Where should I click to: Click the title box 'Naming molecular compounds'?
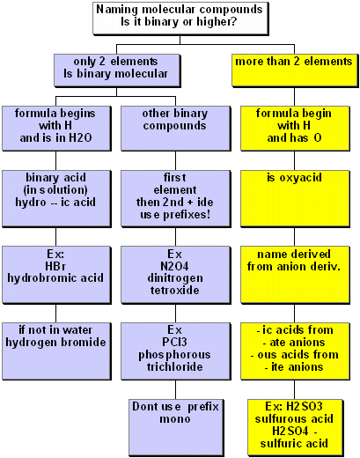tap(180, 18)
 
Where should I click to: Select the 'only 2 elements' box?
tap(117, 70)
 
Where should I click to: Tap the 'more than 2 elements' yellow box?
tap(295, 70)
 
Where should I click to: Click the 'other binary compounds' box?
tap(175, 129)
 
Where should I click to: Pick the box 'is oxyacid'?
tap(295, 198)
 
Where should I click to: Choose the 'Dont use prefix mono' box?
tap(175, 427)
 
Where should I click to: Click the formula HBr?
tap(55, 266)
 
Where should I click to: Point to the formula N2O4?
tap(174, 266)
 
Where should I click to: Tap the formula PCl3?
tap(174, 342)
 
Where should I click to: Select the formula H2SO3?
tap(305, 406)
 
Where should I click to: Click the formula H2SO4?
tap(290, 431)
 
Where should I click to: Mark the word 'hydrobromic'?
tap(38, 278)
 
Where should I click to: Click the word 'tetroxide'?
tap(175, 291)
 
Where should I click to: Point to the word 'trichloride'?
tap(175, 366)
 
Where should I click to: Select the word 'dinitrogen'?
tap(175, 278)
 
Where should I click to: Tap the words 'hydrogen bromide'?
tap(55, 343)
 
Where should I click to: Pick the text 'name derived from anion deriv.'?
tap(294, 260)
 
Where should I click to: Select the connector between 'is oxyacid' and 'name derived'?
tap(295, 237)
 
